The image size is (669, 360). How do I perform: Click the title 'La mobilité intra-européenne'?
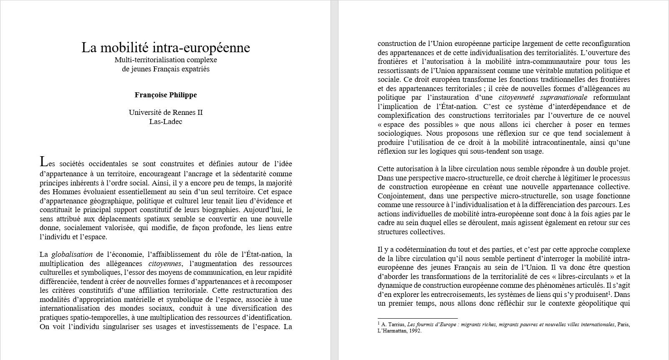click(x=166, y=48)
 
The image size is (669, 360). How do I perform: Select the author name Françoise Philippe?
click(x=166, y=95)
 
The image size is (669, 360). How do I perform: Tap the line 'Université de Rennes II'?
click(x=166, y=112)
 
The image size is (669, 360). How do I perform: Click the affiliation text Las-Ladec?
click(x=166, y=122)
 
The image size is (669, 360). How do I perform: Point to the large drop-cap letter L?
click(x=43, y=161)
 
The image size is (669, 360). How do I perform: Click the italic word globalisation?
click(x=72, y=254)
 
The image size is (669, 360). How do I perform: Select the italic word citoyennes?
click(x=165, y=264)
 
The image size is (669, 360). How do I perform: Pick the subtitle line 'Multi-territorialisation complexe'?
click(x=166, y=60)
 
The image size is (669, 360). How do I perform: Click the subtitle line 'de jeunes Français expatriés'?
click(x=166, y=69)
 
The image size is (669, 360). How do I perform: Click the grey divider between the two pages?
click(x=334, y=180)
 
